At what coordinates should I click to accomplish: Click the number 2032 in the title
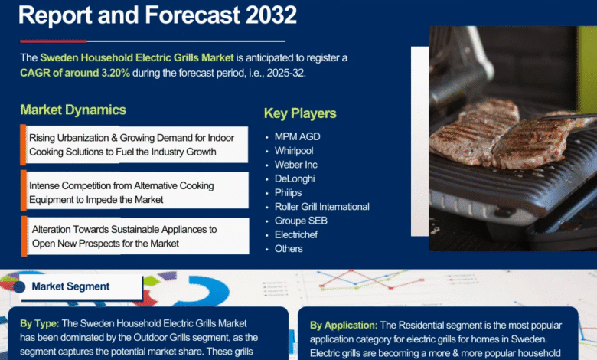coord(271,15)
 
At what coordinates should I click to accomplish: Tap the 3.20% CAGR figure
coord(116,73)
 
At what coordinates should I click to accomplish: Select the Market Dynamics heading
coord(73,110)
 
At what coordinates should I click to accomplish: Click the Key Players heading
coord(300,113)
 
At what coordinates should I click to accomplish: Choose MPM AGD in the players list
coord(298,137)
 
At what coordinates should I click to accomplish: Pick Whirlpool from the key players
coord(294,151)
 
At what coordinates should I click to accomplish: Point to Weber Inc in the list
coord(296,165)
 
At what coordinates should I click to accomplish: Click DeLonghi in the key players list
coord(295,178)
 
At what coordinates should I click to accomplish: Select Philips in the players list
coord(289,193)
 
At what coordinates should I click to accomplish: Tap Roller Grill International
coord(322,207)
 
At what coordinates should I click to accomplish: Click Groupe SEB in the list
coord(301,221)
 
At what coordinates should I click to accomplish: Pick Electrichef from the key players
coord(296,234)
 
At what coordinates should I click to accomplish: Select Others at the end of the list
coord(289,249)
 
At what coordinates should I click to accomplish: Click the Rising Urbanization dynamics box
coord(134,145)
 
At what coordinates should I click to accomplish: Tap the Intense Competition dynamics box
coord(135,191)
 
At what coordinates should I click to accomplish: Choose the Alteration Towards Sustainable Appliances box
coord(135,236)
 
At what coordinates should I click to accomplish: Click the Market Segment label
coord(70,286)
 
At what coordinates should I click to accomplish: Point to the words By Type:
coord(40,324)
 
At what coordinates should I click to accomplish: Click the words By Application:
coord(344,326)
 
